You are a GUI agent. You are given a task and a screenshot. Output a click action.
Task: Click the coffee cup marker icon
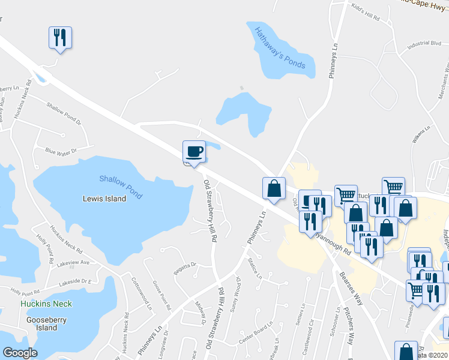coord(194,151)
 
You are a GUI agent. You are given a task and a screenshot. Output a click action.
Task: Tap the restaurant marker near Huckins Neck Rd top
coord(59,38)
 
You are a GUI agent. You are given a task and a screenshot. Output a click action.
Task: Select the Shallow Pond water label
coord(121,187)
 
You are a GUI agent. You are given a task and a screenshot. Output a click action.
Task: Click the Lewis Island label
coord(104,199)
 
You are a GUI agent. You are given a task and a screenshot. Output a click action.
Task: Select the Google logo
coord(20,353)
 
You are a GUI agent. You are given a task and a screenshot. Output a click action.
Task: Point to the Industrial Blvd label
coord(424,44)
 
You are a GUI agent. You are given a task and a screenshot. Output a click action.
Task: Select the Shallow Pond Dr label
coord(63,112)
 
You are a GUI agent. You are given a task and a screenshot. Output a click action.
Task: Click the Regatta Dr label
coord(184,265)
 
